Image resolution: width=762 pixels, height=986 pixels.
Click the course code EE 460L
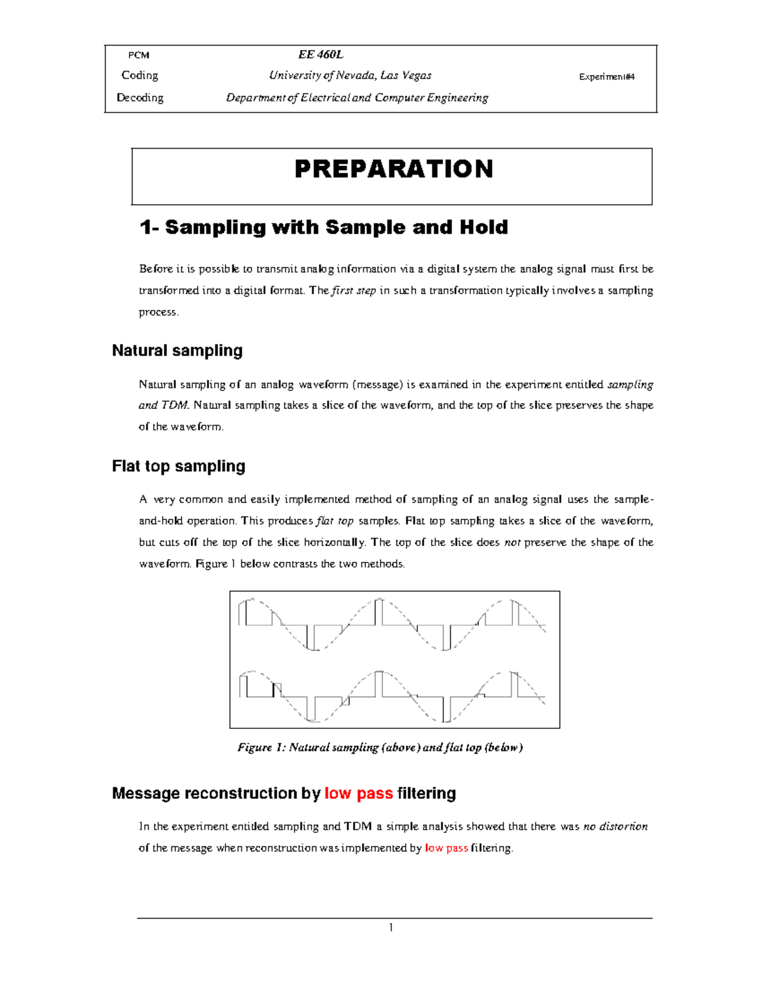321,55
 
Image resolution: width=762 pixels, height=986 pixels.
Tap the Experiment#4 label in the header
606,77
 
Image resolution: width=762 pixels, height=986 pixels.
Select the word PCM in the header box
138,55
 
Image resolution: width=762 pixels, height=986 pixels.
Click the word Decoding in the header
140,98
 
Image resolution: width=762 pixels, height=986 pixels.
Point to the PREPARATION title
394,169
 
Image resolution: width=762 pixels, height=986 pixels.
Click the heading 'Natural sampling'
177,350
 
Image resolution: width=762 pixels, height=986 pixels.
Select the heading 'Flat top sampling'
178,466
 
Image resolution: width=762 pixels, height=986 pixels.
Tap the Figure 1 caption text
380,747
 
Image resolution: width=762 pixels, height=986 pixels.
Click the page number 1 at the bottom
391,928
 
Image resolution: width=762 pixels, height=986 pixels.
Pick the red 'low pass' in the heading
358,793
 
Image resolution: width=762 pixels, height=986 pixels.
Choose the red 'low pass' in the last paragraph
446,848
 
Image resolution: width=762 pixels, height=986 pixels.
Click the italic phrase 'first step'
354,291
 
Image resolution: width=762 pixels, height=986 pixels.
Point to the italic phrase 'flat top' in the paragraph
335,521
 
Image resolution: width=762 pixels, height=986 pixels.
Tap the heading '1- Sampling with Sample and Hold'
323,227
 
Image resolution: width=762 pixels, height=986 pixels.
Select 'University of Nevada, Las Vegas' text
350,76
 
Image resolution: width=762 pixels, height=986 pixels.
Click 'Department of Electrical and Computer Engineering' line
357,98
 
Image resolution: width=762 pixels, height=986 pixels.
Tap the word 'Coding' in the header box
140,76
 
